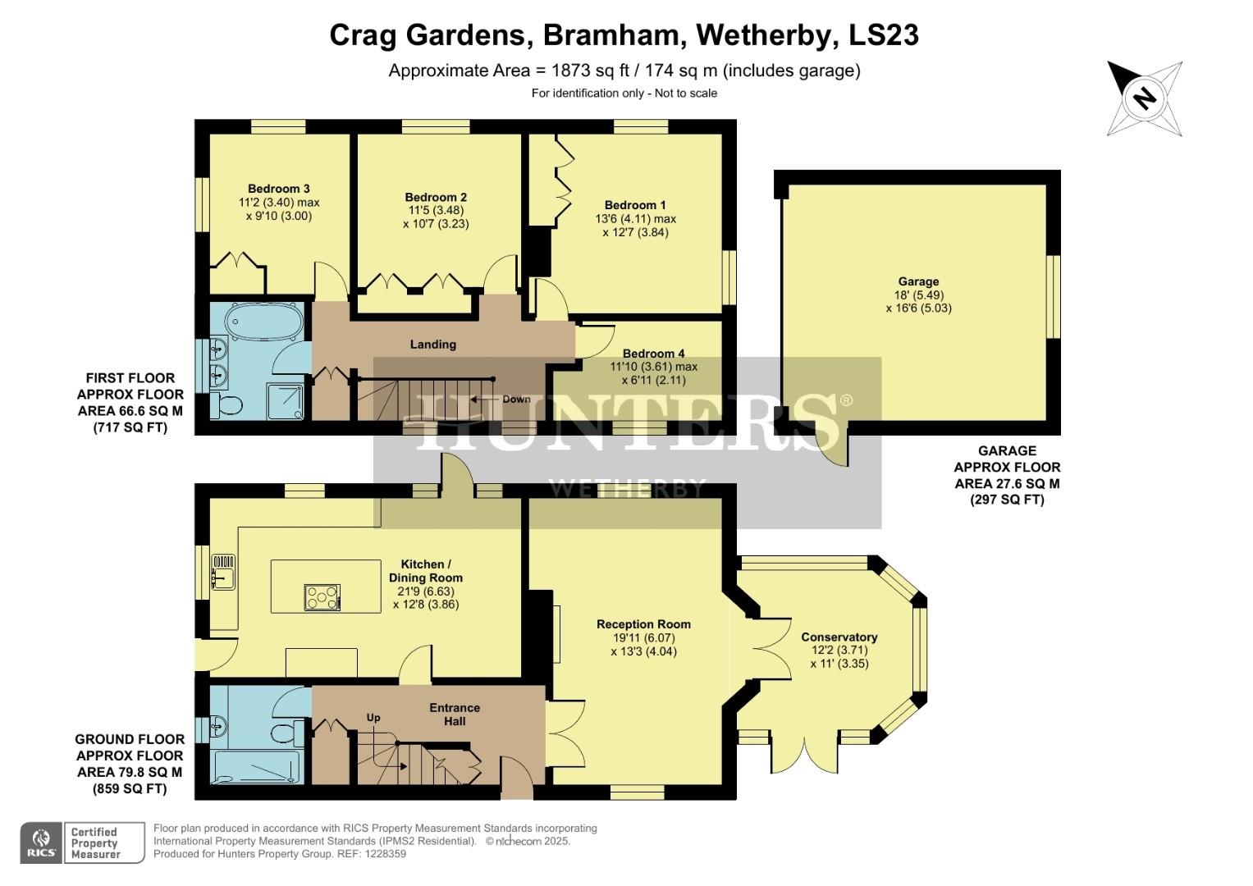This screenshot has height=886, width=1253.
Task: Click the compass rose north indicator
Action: coord(1144,98)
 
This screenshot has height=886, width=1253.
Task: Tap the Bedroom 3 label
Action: coord(279,189)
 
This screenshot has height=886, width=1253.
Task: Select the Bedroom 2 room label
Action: coord(436,197)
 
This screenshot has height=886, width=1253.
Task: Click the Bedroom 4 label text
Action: coord(653,354)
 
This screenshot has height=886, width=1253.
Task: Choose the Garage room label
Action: coord(918,281)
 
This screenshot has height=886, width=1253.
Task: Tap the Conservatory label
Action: coord(839,637)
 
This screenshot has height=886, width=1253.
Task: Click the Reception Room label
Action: coord(643,624)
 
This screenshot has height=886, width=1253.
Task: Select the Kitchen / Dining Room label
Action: coord(425,571)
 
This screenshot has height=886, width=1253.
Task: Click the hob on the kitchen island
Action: coord(322,596)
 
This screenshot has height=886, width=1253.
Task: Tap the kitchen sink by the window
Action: coord(222,572)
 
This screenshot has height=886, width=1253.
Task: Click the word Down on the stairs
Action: coord(516,400)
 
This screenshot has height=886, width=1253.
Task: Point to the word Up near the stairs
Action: coord(373,717)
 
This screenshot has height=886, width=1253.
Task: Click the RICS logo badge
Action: coord(41,843)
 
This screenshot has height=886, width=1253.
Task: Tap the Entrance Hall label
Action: coord(455,714)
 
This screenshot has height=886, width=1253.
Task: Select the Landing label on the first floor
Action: coord(432,345)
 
